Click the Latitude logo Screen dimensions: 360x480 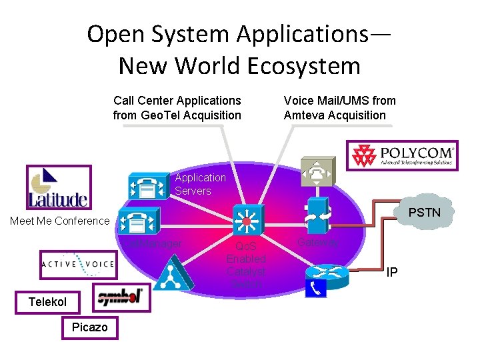pyautogui.click(x=57, y=187)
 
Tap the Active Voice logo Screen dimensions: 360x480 pyautogui.click(x=77, y=265)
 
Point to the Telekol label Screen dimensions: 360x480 pyautogui.click(x=48, y=302)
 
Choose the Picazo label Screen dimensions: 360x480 pyautogui.click(x=87, y=328)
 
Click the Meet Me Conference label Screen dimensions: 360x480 pyautogui.click(x=59, y=221)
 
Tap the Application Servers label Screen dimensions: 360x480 pyautogui.click(x=200, y=184)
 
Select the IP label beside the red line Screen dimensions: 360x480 pyautogui.click(x=393, y=273)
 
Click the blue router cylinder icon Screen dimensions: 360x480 pyautogui.click(x=327, y=274)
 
